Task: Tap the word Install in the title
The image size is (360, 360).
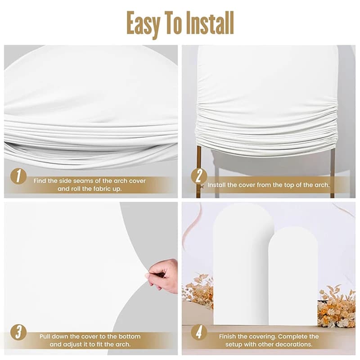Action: pyautogui.click(x=210, y=23)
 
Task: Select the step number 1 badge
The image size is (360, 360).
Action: pyautogui.click(x=18, y=176)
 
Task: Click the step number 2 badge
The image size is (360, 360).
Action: pyautogui.click(x=199, y=176)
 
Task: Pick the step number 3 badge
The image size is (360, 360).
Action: pyautogui.click(x=18, y=332)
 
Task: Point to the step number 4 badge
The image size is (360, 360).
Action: pyautogui.click(x=199, y=332)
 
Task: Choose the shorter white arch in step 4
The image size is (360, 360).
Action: pyautogui.click(x=293, y=275)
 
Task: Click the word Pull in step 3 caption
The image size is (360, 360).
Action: pyautogui.click(x=45, y=337)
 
